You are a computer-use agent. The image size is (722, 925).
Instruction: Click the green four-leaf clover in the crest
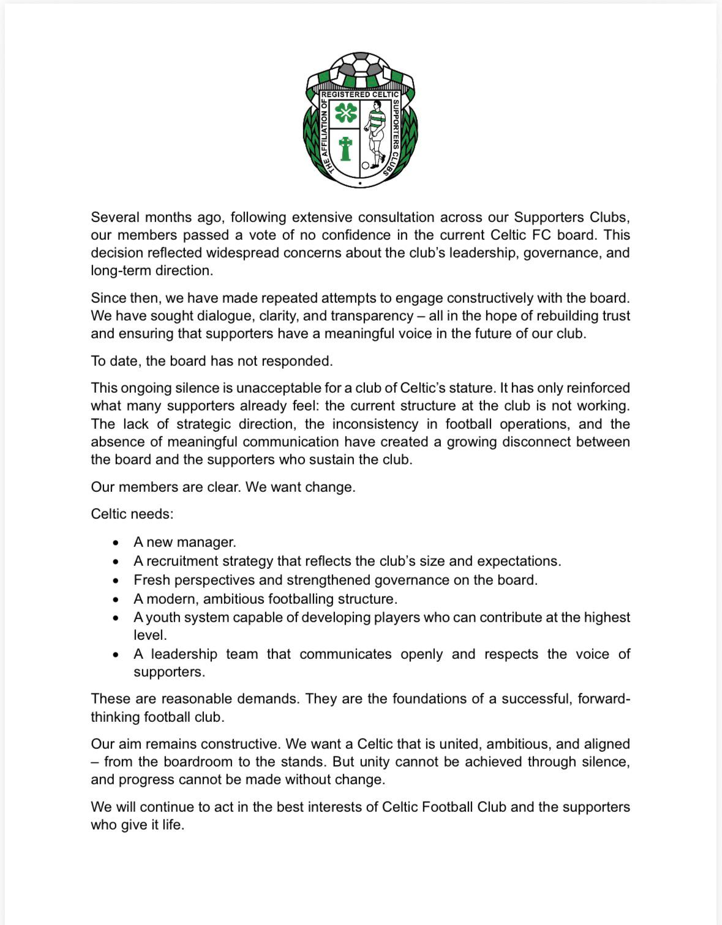[345, 113]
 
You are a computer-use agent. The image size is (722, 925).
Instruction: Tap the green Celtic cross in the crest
[345, 148]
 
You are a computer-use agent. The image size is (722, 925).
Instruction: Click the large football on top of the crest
[361, 64]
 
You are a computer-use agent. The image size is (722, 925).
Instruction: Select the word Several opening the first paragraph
[116, 217]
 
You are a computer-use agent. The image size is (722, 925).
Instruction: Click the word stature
[472, 388]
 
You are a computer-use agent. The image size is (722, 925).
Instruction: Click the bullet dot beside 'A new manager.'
[116, 543]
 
